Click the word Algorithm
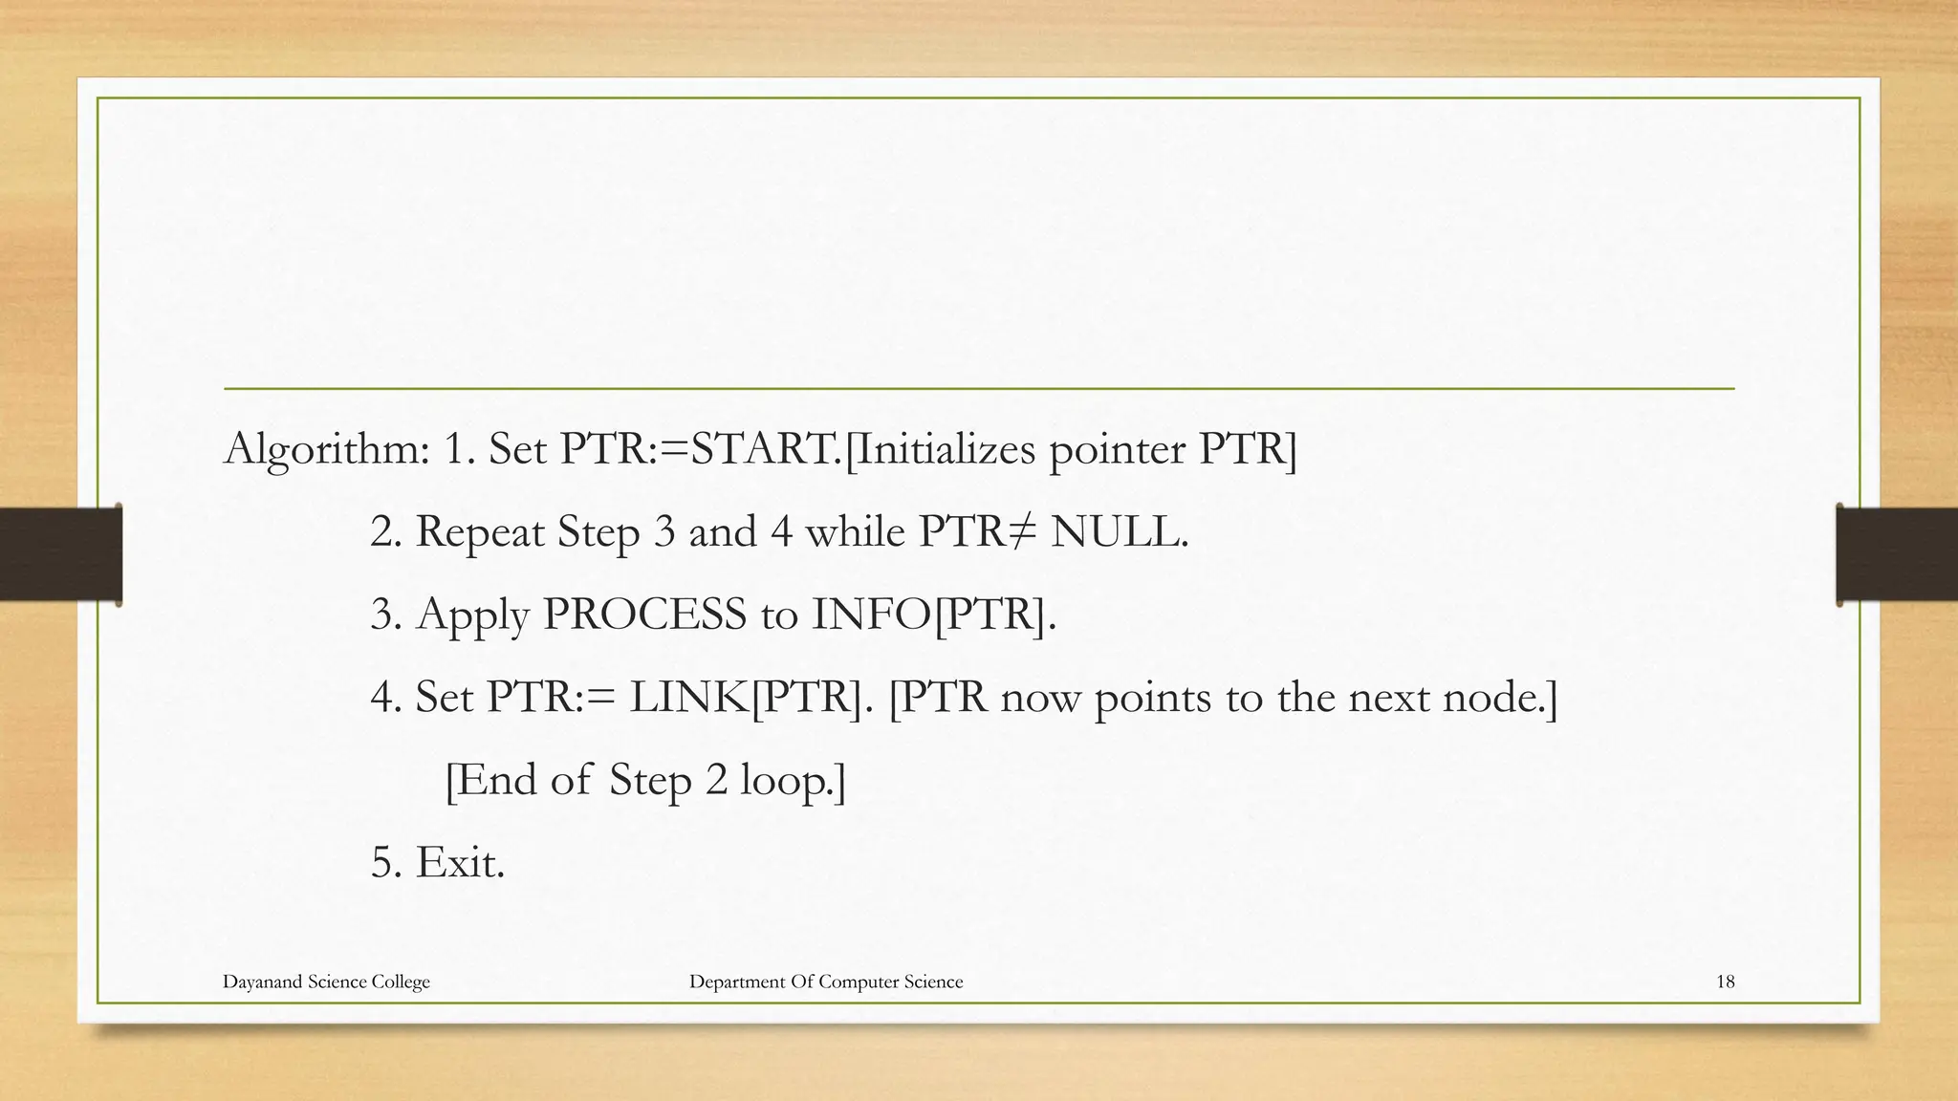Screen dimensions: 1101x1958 (326, 449)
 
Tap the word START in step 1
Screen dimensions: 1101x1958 (765, 448)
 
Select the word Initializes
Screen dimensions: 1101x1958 (941, 448)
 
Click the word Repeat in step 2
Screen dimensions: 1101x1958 (479, 531)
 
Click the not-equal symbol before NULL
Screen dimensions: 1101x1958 (1021, 531)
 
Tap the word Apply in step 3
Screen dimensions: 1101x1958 (472, 615)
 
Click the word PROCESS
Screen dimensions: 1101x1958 (643, 614)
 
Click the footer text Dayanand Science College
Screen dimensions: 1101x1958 (326, 982)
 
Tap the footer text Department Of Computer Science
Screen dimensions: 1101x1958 (826, 982)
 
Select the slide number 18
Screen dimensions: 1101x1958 (1725, 982)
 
